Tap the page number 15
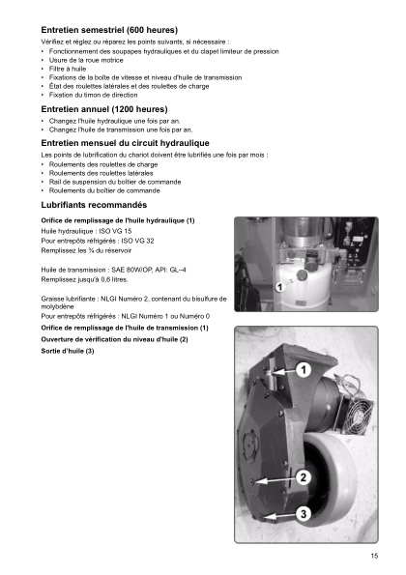[x=373, y=555]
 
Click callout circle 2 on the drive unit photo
[x=302, y=477]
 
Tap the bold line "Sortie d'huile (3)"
[x=69, y=349]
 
